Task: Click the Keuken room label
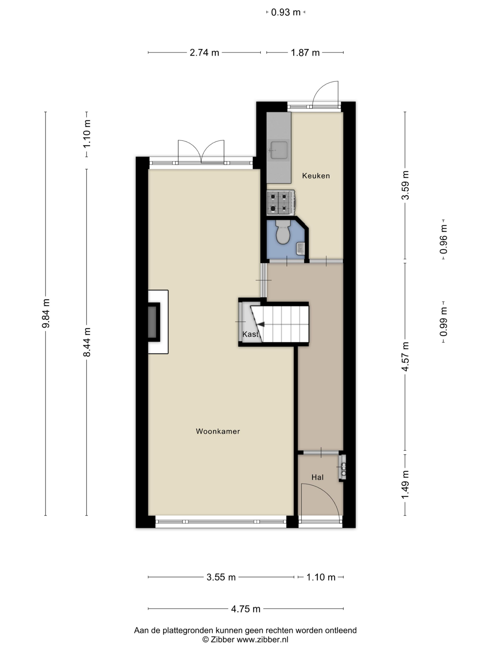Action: point(316,176)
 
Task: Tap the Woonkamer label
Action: point(218,431)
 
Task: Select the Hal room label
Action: point(317,477)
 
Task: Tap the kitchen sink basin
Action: point(279,150)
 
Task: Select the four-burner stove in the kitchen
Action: point(281,202)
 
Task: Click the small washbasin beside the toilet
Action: point(300,249)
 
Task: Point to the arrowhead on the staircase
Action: point(261,324)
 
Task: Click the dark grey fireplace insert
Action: point(152,322)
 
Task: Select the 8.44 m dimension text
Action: point(87,342)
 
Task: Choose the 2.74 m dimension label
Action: point(204,53)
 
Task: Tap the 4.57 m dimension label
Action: point(405,357)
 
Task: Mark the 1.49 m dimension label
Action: point(405,485)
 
